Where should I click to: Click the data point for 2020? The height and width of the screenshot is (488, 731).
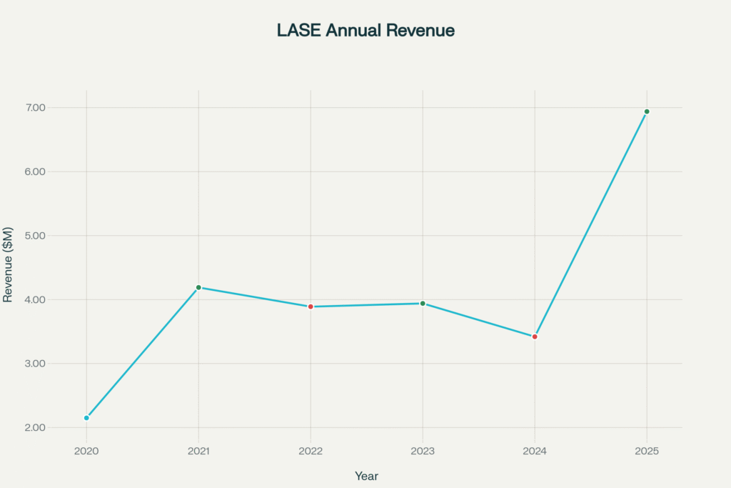click(86, 418)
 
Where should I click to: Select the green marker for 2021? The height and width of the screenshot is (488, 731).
click(198, 287)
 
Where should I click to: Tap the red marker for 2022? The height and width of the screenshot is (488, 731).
click(311, 307)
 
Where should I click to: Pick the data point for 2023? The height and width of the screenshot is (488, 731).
click(423, 304)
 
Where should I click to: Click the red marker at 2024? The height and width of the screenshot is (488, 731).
click(535, 337)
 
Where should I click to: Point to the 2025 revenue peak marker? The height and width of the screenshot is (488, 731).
click(647, 111)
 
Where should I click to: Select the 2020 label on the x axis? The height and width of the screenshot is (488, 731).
click(86, 452)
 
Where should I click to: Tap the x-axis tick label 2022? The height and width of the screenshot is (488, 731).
click(311, 452)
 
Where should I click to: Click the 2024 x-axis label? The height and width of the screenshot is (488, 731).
click(535, 452)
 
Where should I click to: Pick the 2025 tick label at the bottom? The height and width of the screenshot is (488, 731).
click(647, 452)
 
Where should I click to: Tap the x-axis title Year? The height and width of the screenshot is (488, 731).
click(366, 476)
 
